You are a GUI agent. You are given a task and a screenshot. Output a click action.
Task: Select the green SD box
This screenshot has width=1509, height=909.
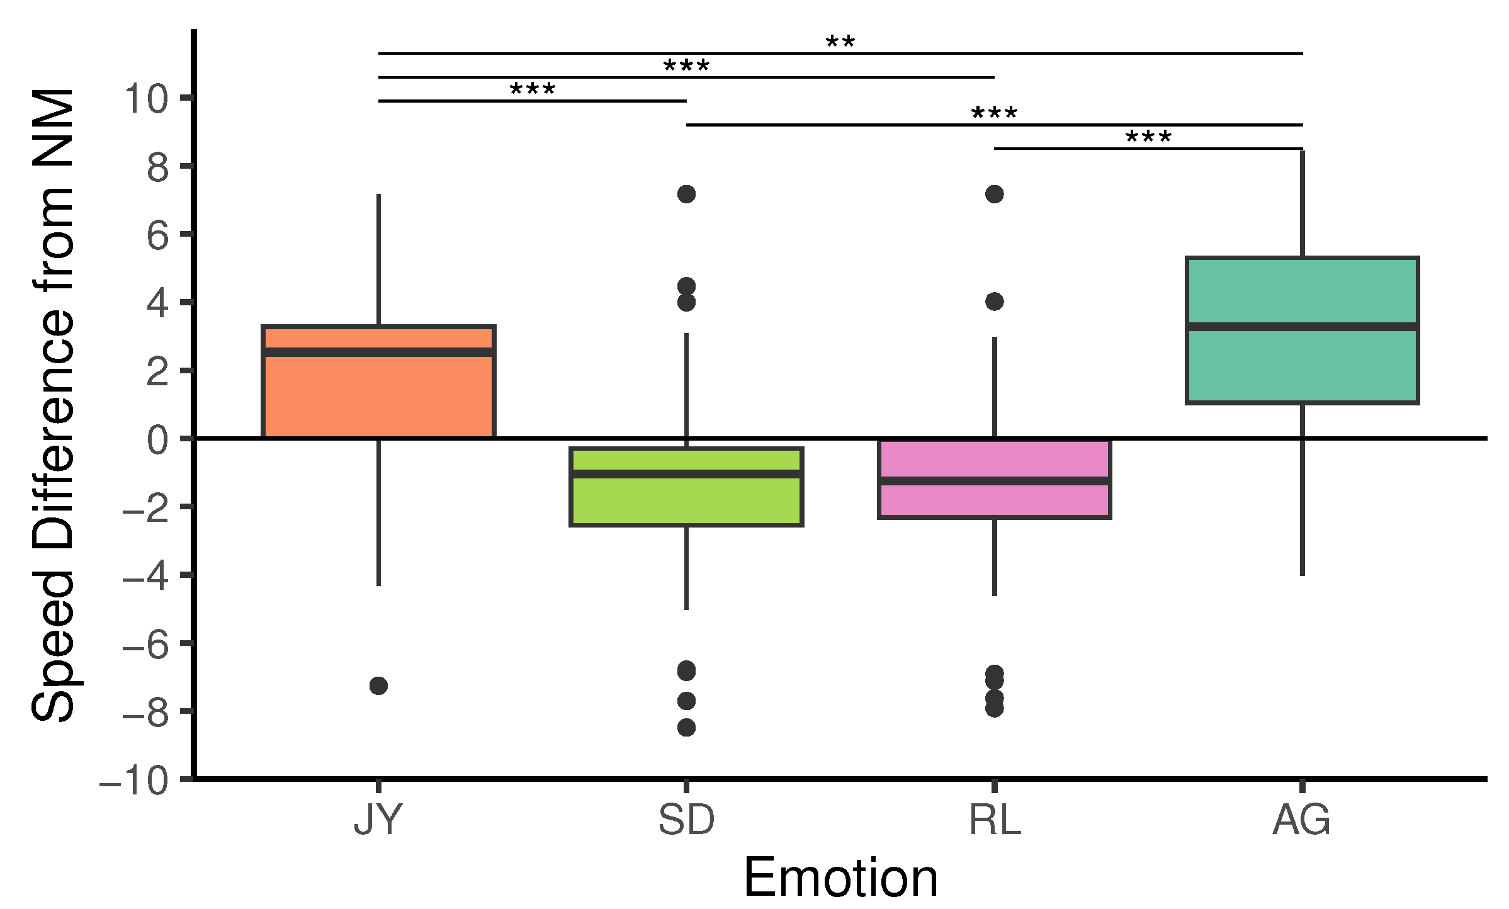686,500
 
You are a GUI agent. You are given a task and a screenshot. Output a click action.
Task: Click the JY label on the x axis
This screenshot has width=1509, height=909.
378,820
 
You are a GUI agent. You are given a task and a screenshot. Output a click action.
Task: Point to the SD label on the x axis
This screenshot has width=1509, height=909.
686,820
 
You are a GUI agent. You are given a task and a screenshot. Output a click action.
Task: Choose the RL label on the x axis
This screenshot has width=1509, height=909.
994,820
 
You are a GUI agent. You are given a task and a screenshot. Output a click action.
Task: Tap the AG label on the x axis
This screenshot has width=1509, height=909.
1301,820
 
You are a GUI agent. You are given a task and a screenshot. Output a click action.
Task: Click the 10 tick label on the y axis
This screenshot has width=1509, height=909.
146,99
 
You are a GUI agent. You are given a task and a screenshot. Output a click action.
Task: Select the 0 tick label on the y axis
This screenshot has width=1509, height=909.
157,440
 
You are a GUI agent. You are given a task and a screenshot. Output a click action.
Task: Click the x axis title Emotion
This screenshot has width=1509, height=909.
840,878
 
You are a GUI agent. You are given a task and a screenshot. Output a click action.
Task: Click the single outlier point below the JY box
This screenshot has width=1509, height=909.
378,686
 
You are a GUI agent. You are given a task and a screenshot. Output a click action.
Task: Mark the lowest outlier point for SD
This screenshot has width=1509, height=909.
686,728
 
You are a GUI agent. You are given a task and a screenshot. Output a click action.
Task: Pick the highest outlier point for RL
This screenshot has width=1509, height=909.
994,194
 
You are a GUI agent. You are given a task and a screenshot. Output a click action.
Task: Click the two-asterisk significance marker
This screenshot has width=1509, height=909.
840,43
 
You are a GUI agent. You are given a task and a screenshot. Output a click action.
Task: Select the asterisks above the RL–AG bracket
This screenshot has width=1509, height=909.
1148,137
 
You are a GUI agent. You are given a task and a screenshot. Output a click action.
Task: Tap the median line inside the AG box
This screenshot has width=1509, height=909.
1302,327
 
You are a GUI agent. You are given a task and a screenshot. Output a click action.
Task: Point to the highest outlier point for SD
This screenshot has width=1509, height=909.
686,194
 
